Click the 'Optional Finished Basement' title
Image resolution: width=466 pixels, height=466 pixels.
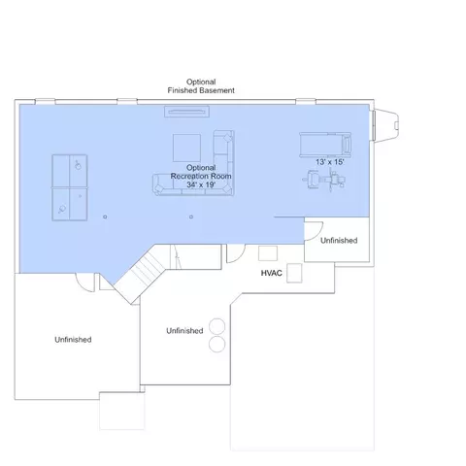pos(201,86)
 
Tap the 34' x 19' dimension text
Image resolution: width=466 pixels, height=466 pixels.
pos(201,184)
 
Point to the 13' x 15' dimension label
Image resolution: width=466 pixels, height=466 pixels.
pos(330,162)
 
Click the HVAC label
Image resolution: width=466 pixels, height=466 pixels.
pos(272,273)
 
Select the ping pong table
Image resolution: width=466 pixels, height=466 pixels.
pos(70,187)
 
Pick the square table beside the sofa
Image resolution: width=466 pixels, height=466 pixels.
pos(186,148)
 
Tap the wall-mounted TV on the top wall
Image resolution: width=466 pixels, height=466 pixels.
pos(187,112)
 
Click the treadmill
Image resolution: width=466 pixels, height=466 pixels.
pos(325,145)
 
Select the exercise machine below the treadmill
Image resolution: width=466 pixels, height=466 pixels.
pos(324,180)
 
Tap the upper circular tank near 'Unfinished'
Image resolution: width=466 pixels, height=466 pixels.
pos(216,326)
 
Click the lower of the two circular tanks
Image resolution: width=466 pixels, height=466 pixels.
pos(216,344)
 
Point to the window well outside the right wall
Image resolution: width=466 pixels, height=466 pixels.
pos(386,125)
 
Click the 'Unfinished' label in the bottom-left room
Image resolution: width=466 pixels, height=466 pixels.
pos(73,340)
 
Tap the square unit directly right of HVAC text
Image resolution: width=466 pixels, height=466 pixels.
pos(294,273)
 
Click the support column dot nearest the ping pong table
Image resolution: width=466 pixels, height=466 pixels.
pos(105,216)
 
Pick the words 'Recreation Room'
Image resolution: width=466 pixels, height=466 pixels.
pos(201,177)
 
